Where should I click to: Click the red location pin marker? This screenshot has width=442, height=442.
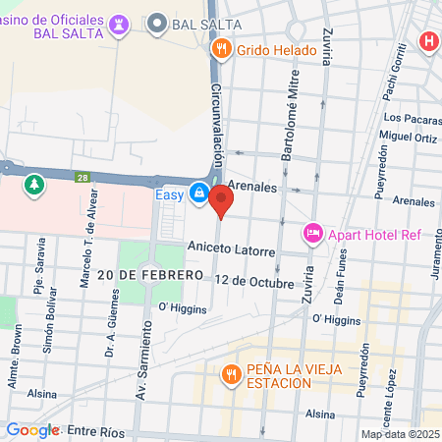click(x=221, y=202)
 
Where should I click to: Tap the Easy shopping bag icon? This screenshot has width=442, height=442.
click(x=199, y=193)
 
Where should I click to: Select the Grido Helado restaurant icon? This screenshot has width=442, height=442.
click(x=222, y=46)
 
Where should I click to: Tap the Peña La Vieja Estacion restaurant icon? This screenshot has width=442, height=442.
click(x=231, y=373)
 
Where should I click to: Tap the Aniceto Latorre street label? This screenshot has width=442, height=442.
click(x=231, y=250)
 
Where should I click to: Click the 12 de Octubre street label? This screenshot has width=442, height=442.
click(x=253, y=282)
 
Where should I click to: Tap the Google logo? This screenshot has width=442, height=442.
click(x=32, y=430)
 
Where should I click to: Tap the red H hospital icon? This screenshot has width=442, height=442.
click(x=428, y=42)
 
